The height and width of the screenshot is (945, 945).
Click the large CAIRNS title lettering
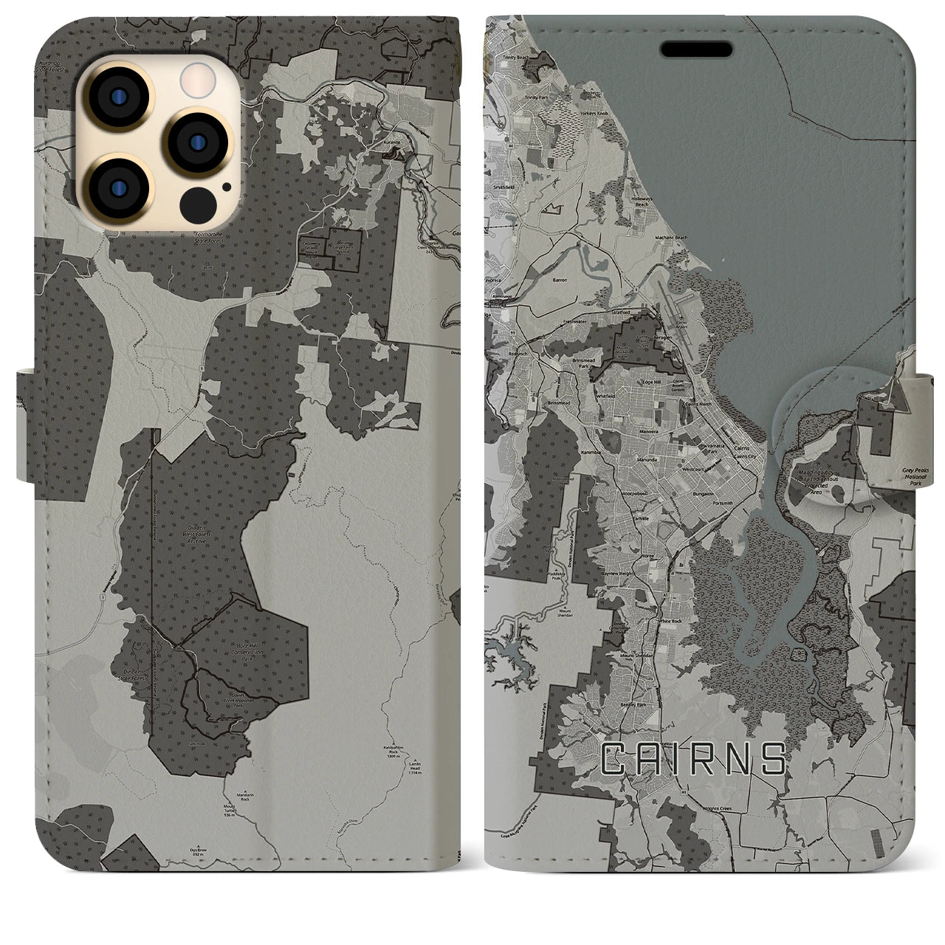coord(693,759)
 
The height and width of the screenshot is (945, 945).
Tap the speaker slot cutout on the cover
coord(696,49)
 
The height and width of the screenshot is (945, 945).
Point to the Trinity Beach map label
coord(516,57)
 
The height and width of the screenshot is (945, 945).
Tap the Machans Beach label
coord(671,237)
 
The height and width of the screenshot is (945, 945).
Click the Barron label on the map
coord(560,280)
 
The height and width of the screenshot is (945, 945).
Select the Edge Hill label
coord(651,382)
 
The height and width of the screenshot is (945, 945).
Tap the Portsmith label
coord(724,503)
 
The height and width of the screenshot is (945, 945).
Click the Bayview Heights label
coord(618,573)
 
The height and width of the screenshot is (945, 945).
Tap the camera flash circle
coord(197,76)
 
